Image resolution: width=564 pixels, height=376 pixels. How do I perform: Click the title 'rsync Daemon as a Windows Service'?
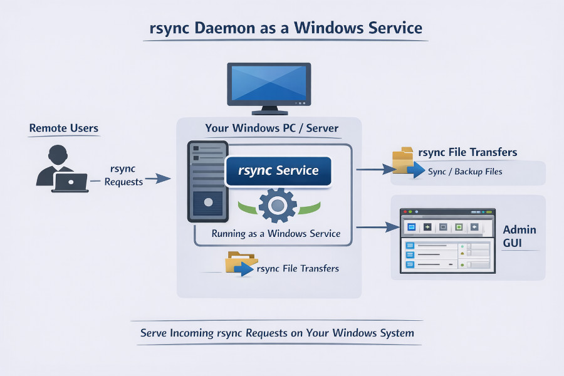point(286,28)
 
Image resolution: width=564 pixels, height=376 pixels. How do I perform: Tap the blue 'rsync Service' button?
point(278,170)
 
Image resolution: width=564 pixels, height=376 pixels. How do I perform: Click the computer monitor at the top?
point(269,86)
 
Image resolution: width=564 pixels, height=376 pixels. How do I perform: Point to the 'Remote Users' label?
point(63,128)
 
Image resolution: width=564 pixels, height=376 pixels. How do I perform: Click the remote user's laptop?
point(70,182)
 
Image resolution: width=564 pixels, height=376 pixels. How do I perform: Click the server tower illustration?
point(207,182)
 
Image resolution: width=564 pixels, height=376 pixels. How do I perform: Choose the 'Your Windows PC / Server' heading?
point(271,128)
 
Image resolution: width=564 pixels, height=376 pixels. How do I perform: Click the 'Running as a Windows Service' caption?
point(276,234)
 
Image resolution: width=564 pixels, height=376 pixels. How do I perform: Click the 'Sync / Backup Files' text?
point(465,171)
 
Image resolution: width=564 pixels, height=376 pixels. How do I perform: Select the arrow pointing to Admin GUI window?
point(377,227)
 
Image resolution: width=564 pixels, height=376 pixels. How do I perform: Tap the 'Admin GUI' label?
point(520,236)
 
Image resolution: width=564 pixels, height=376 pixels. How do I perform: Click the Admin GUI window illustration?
point(447,241)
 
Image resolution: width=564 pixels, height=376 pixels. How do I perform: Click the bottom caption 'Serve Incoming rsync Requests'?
point(277,333)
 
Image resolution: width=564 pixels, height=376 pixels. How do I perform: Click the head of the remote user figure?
point(58,154)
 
